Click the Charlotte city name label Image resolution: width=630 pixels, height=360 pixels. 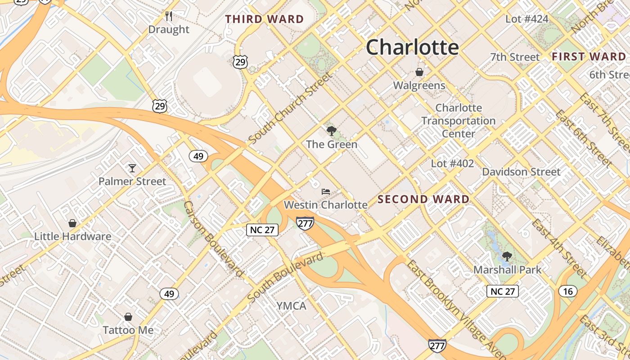tap(412, 47)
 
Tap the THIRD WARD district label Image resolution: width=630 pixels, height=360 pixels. tap(265, 19)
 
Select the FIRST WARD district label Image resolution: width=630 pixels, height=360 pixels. tap(589, 57)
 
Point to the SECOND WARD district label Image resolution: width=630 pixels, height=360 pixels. tap(423, 199)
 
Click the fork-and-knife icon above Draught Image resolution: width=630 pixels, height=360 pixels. tap(169, 16)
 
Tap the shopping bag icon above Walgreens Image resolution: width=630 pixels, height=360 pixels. tap(419, 72)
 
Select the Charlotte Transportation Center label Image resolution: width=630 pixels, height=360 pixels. tap(459, 121)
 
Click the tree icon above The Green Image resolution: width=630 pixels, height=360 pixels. tap(332, 131)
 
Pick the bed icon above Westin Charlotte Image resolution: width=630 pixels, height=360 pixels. tap(326, 192)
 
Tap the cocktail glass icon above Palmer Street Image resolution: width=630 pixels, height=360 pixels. tap(132, 168)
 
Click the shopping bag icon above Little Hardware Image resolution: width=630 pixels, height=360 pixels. tap(72, 223)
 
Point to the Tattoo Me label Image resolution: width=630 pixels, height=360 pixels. tap(128, 330)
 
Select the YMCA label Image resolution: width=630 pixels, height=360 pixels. tap(291, 306)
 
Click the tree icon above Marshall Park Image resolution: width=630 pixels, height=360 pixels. tap(507, 256)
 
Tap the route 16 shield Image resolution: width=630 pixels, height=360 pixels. tap(568, 291)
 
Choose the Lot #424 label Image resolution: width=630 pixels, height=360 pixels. tap(527, 19)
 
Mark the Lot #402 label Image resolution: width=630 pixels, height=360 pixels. tap(452, 163)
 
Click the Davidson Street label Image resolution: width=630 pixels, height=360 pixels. tap(522, 171)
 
